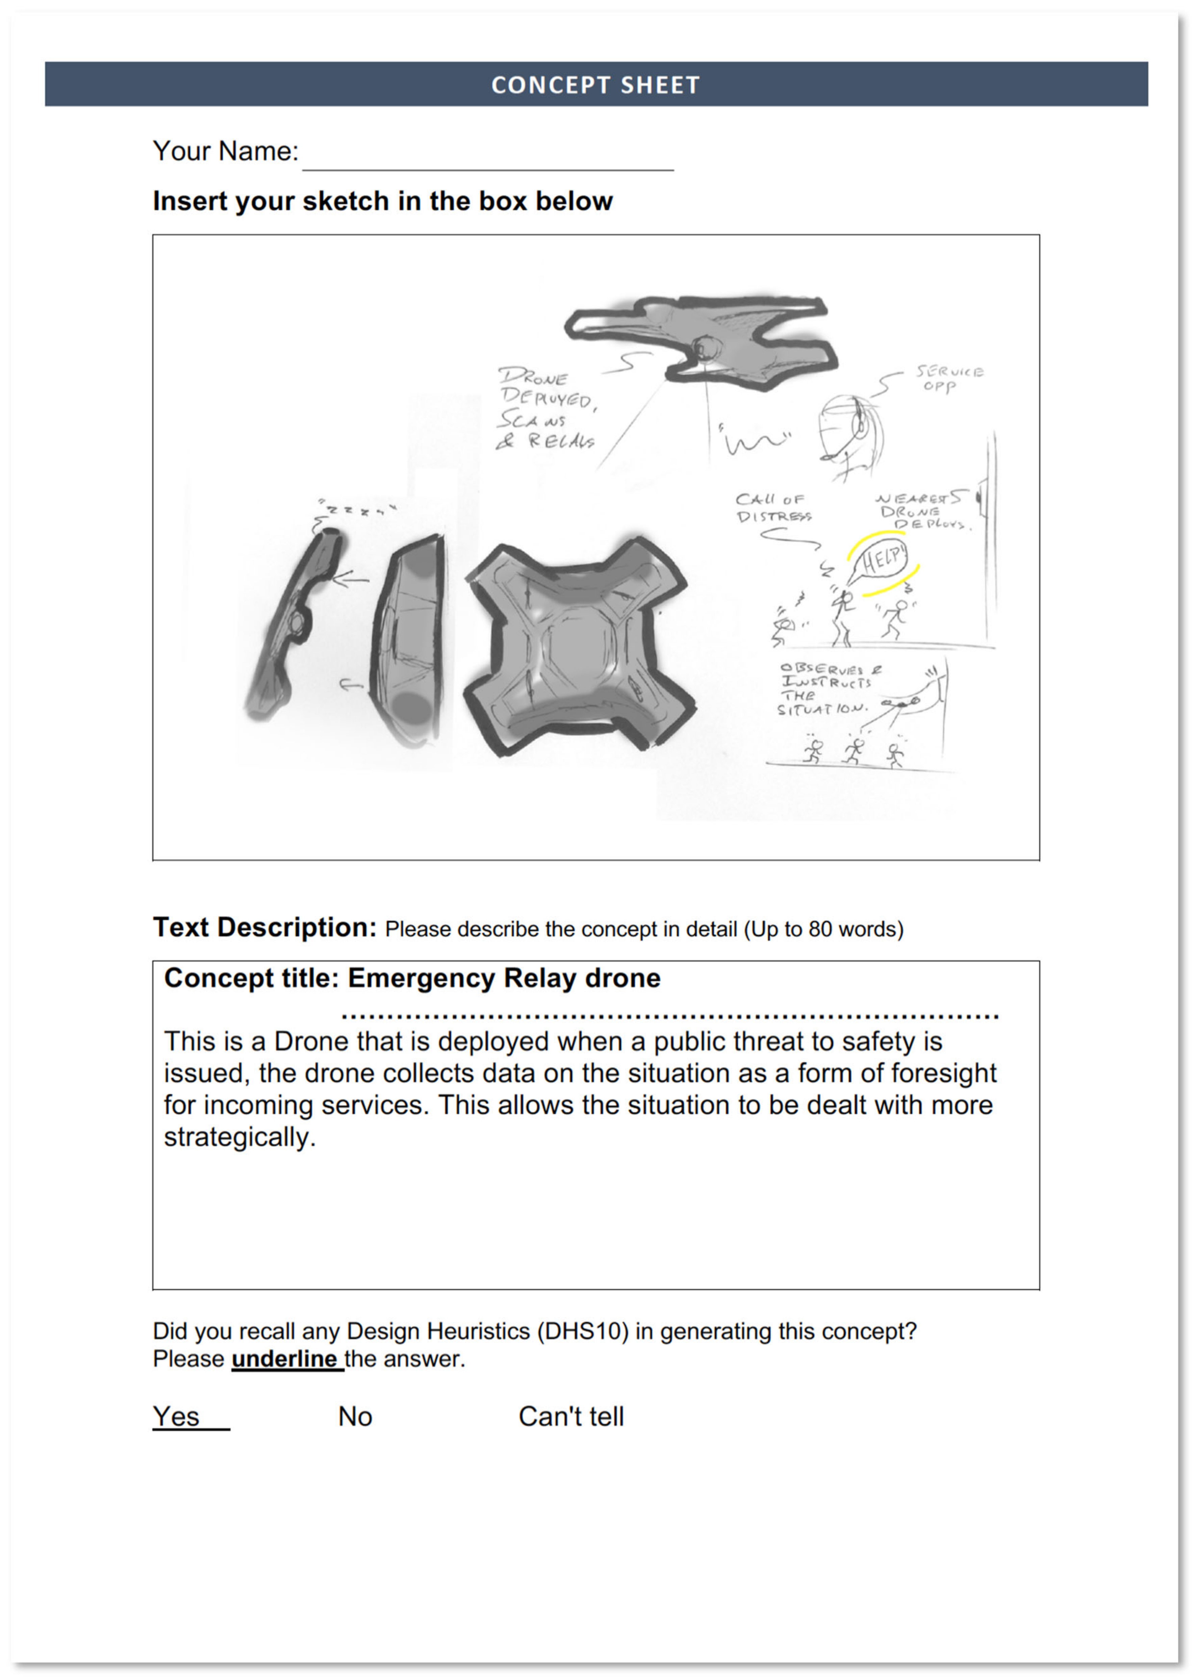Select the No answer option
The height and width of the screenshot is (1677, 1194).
click(x=355, y=1416)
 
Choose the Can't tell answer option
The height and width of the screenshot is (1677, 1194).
click(x=570, y=1416)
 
